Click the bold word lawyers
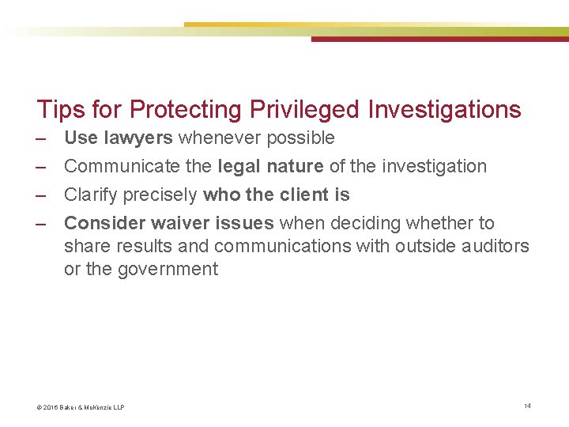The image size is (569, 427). [x=138, y=138]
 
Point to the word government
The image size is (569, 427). [x=168, y=269]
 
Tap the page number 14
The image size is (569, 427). [x=527, y=406]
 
